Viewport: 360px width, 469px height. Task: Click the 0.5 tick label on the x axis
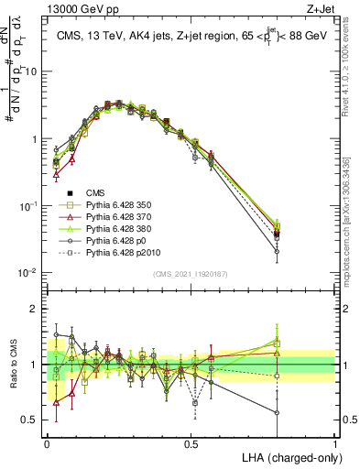[x=191, y=442]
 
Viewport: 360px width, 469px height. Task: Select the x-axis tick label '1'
[x=334, y=442]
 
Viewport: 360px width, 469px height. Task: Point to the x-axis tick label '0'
[x=47, y=442]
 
